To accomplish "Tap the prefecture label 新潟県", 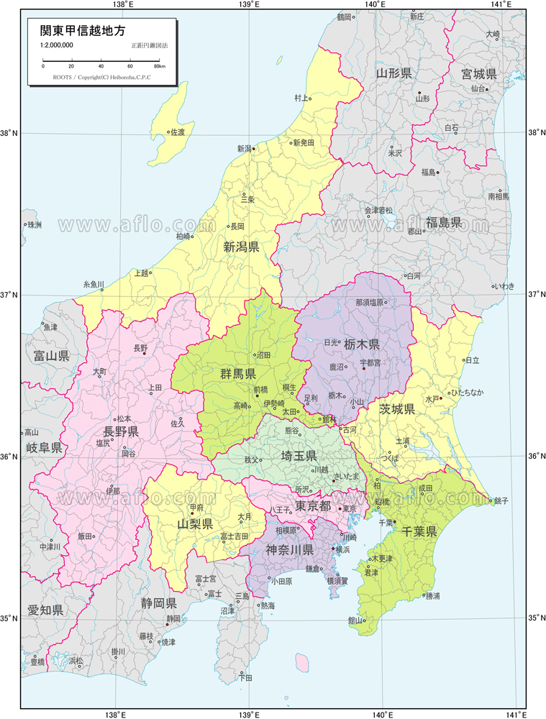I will click(241, 247).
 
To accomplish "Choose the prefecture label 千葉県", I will click(419, 531).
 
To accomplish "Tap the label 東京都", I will click(313, 505).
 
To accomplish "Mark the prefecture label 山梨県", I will click(195, 523).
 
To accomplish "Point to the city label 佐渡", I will click(176, 132).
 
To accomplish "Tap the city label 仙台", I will click(478, 88).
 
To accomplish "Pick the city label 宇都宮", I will click(370, 362).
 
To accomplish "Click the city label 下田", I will click(245, 677).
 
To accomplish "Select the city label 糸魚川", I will click(94, 284).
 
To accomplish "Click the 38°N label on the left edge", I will click(10, 133).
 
